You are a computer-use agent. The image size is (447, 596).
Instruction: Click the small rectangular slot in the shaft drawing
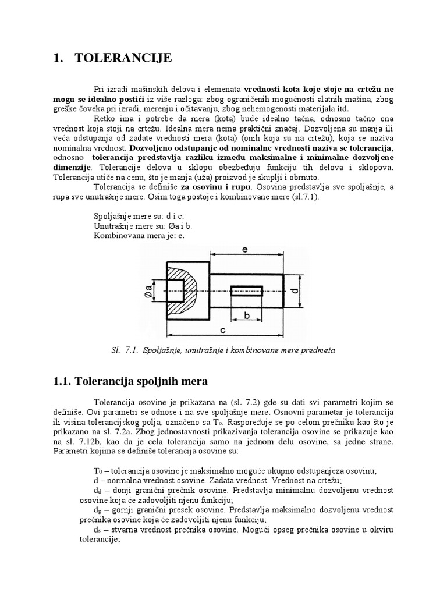247,290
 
